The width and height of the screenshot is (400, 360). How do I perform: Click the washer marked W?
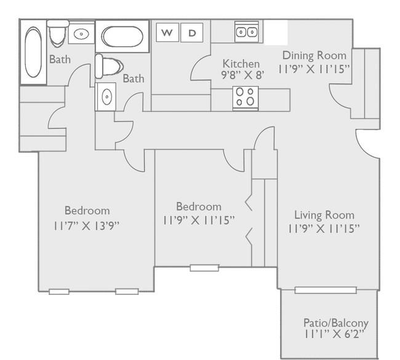167,33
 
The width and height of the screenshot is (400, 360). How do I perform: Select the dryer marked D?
192,33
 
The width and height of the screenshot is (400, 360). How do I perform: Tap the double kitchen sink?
247,32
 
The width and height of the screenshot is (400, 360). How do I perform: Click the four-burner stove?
246,98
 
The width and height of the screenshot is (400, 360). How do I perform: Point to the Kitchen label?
241,63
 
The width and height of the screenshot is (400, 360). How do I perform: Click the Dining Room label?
314,55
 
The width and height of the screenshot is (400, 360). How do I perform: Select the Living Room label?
324,215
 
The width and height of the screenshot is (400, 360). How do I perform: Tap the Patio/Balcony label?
336,323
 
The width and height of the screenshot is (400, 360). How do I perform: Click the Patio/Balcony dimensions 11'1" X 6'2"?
334,334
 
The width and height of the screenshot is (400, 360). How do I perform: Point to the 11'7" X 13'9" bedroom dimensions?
86,226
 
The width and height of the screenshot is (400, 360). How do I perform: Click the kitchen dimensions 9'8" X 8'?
242,75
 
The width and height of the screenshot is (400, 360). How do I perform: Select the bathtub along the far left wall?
33,52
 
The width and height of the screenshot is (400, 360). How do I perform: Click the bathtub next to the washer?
122,37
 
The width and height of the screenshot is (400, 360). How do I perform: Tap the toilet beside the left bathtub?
58,34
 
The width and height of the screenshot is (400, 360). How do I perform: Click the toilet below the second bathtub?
109,66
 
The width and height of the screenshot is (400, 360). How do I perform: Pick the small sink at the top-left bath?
81,33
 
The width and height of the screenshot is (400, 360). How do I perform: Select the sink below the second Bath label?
106,97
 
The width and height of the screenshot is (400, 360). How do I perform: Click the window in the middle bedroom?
204,268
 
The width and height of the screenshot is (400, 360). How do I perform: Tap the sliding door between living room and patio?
326,290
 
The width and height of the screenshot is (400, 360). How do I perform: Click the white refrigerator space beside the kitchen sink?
276,33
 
